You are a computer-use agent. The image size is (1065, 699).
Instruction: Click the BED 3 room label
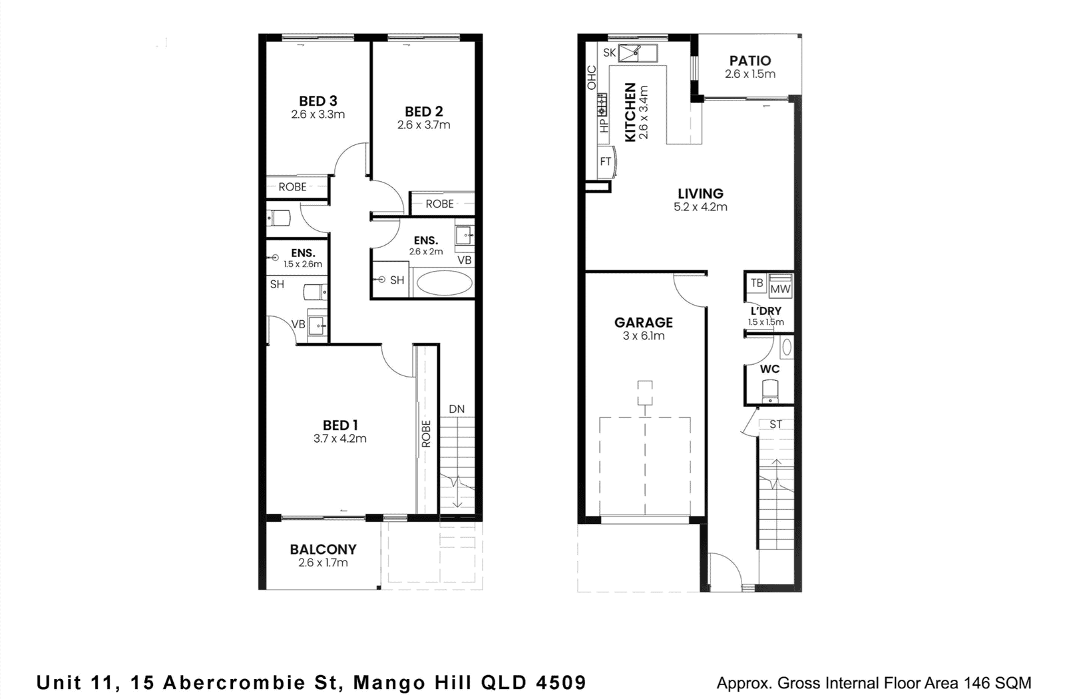tap(318, 101)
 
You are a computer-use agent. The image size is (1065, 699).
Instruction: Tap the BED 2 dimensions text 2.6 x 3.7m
tap(423, 124)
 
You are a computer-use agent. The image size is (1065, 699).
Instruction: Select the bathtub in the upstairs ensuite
tap(444, 283)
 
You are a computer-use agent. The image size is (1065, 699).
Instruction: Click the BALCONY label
tap(323, 549)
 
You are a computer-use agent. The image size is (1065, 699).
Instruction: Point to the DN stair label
tap(457, 409)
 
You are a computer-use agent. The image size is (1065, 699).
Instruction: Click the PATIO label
tap(749, 61)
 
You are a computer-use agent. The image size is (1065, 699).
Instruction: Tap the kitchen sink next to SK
tap(638, 53)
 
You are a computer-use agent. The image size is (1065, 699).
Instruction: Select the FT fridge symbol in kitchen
tap(606, 162)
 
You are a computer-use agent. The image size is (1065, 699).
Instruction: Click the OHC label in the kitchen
tap(592, 77)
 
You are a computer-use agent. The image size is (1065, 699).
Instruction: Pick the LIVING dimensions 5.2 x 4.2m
tap(700, 207)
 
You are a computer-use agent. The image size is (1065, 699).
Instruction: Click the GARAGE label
tap(643, 322)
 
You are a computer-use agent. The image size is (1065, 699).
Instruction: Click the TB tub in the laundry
tap(756, 284)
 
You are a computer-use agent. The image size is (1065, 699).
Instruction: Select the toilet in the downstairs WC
tap(770, 391)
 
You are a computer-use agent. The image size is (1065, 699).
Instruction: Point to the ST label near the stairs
tap(775, 424)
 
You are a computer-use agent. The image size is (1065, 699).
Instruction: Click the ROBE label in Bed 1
tap(426, 433)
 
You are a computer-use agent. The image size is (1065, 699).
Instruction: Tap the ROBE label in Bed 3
tap(292, 187)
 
